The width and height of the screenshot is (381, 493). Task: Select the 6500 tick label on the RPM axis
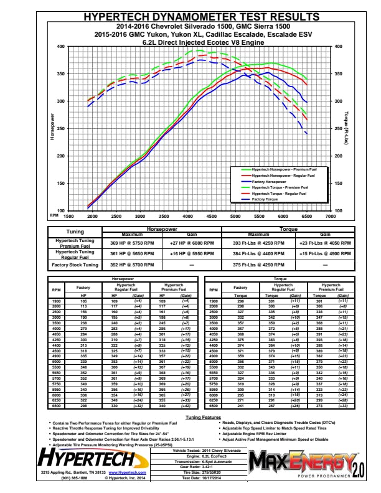click(306, 217)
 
